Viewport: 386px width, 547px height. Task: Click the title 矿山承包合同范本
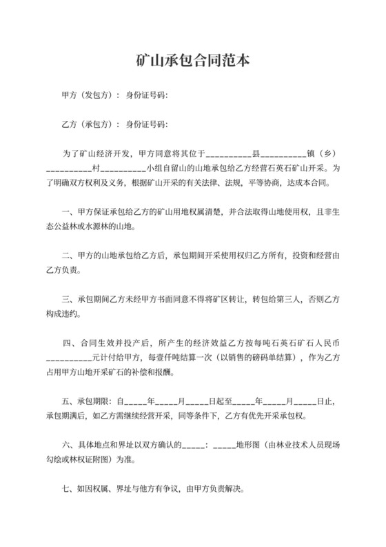click(192, 60)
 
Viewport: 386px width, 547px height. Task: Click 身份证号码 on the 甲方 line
click(147, 95)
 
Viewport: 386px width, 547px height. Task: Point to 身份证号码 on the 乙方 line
click(147, 124)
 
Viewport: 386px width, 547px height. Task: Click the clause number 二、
click(67, 258)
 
